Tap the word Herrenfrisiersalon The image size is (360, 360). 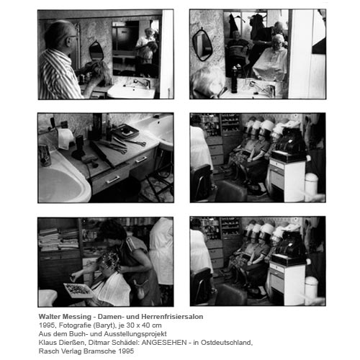click(x=172, y=317)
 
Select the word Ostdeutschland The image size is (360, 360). click(x=226, y=343)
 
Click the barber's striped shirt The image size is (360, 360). click(x=59, y=74)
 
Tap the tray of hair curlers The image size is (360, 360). click(x=78, y=290)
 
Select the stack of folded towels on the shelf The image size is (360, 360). click(x=59, y=239)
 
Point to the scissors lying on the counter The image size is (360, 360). click(x=135, y=143)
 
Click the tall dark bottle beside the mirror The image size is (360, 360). click(x=234, y=80)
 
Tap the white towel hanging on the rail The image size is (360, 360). click(x=65, y=138)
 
